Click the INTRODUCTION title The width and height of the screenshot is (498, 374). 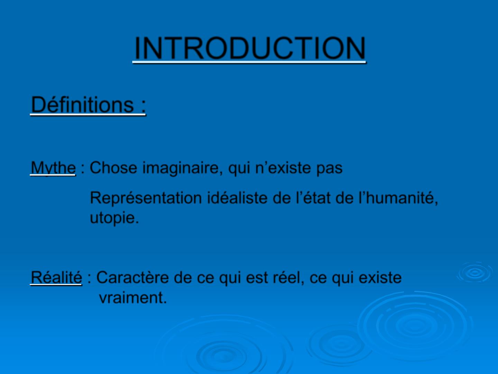pyautogui.click(x=250, y=48)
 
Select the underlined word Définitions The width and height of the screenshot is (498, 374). pyautogui.click(x=82, y=105)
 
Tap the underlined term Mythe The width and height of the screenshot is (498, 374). pyautogui.click(x=53, y=168)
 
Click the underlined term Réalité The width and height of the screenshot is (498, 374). pyautogui.click(x=56, y=277)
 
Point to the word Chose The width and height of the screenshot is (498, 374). pyautogui.click(x=113, y=168)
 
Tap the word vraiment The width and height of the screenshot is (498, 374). pyautogui.click(x=133, y=297)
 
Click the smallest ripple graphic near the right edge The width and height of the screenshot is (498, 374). pyautogui.click(x=474, y=272)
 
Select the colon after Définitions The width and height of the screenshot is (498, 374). pyautogui.click(x=144, y=106)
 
